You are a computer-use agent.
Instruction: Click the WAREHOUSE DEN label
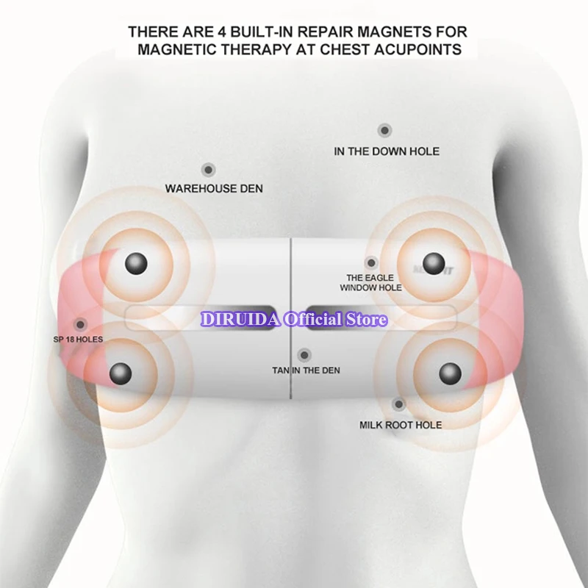pos(214,189)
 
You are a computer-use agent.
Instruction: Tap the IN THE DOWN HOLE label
pos(387,151)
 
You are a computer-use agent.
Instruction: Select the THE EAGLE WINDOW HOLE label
pos(370,282)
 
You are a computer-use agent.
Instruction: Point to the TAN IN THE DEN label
pos(306,370)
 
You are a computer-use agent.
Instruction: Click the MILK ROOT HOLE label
pos(401,425)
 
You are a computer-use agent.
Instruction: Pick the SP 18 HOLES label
pos(78,340)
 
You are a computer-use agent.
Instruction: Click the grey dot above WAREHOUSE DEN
pos(209,170)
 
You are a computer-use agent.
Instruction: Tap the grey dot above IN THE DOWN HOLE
pos(384,130)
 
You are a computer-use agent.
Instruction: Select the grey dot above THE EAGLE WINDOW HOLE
pos(371,262)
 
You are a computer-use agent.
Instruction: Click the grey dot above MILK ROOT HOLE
pos(398,404)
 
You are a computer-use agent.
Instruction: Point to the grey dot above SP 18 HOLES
pos(79,324)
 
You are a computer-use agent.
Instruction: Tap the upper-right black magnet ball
pos(434,262)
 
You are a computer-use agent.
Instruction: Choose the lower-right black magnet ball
pos(450,373)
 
